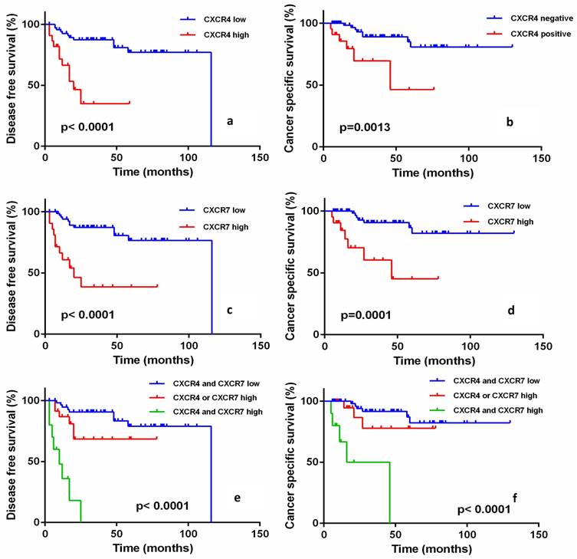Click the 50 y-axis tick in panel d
[x=313, y=273]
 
